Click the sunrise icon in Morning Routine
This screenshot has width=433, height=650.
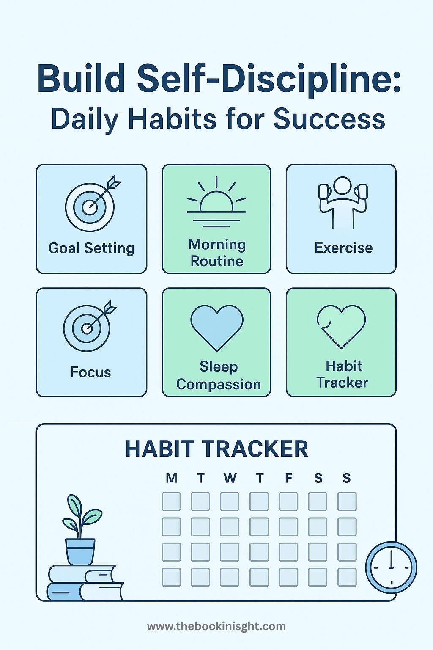(216, 202)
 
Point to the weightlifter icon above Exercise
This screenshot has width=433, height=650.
(343, 202)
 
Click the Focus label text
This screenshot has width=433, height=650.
(91, 372)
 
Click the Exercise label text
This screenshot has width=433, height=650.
(344, 248)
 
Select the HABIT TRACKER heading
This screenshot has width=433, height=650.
(216, 449)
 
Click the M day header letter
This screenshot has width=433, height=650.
(171, 478)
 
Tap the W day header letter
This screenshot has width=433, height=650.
(230, 478)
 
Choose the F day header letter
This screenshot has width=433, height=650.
(288, 478)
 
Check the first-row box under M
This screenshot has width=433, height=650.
(171, 501)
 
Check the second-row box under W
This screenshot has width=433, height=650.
(230, 527)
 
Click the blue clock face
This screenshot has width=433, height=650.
(391, 567)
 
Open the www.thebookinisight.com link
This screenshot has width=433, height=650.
(216, 626)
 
